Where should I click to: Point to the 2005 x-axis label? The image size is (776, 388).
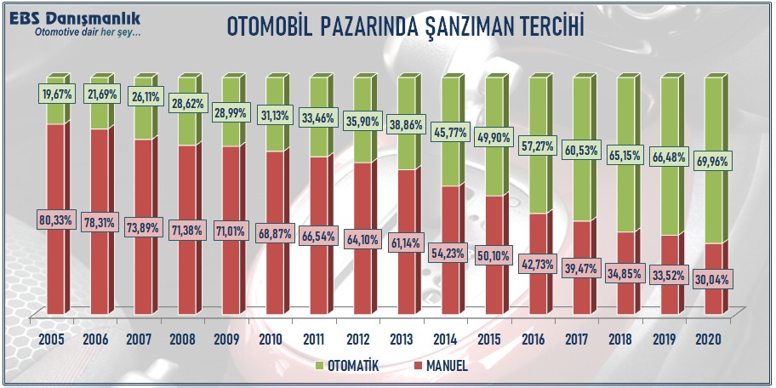click(54, 339)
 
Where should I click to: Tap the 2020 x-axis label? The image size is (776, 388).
click(709, 339)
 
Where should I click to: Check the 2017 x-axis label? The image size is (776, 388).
click(579, 339)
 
